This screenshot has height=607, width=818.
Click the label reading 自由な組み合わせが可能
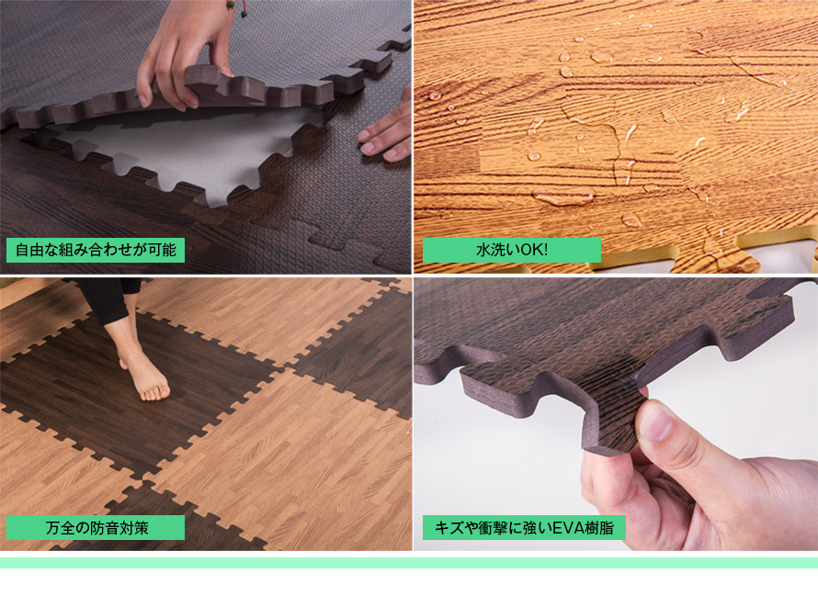tap(96, 250)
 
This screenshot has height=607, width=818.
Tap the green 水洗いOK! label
tap(511, 250)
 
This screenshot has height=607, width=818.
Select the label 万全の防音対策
tap(96, 528)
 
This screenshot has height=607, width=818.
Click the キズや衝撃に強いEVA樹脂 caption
tap(524, 528)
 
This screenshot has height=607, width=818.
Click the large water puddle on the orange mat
tap(562, 197)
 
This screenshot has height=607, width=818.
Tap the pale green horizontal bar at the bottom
tap(409, 563)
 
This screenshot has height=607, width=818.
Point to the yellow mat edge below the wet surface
tap(772, 242)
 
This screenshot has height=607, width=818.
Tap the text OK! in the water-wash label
tap(535, 250)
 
